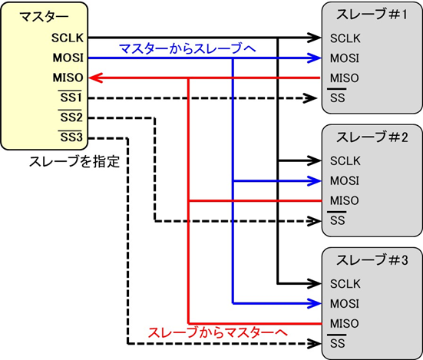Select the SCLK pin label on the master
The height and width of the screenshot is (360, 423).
(x=68, y=37)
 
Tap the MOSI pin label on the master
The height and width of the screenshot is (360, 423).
(x=68, y=57)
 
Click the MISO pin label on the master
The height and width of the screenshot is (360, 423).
(x=68, y=77)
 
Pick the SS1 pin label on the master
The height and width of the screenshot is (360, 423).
(x=71, y=97)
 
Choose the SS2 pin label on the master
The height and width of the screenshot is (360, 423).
(x=71, y=117)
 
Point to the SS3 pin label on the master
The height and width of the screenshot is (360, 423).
(x=71, y=138)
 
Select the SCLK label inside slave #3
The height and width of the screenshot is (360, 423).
(x=345, y=283)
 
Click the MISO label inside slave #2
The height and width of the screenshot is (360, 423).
(x=344, y=201)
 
